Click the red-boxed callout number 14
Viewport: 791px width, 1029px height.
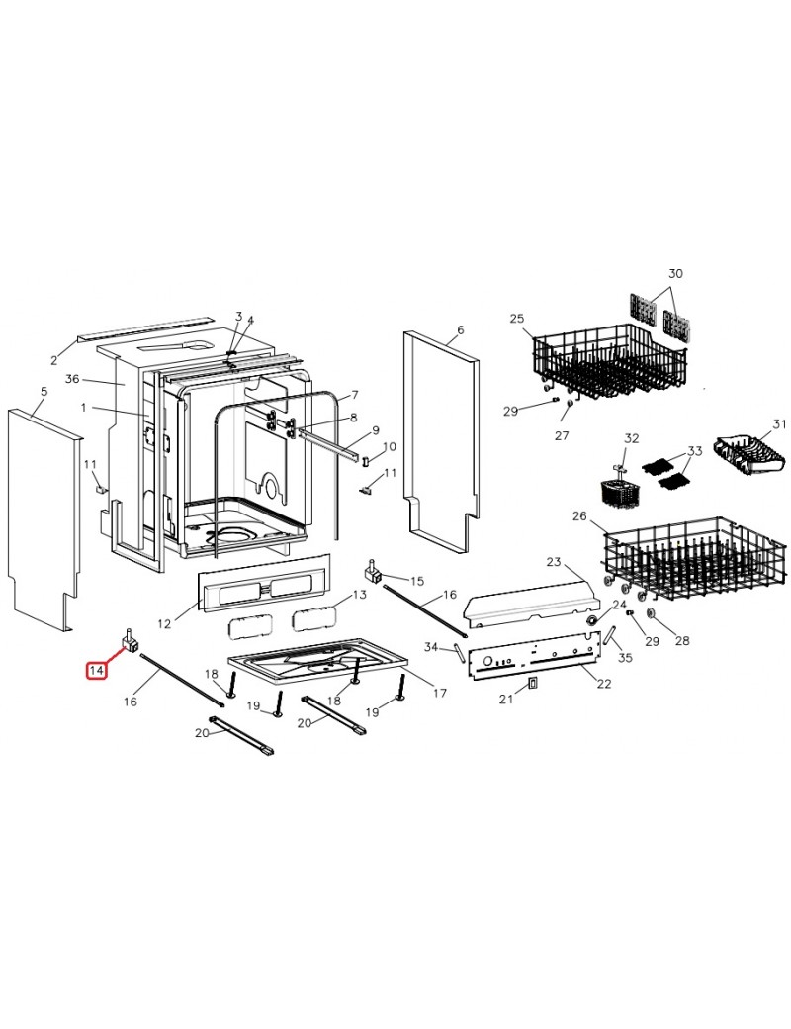pos(97,671)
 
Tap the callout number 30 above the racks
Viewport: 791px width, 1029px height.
pos(675,273)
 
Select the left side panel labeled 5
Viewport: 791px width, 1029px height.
pos(44,519)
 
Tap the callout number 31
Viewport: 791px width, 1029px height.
pos(779,424)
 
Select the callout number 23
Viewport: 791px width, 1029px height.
pos(554,562)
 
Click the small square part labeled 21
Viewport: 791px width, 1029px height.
pos(533,684)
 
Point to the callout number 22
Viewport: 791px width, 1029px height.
pos(604,683)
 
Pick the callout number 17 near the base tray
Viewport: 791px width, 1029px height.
pos(440,693)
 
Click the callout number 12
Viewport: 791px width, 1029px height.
pos(164,623)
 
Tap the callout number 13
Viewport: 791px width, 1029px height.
pos(360,595)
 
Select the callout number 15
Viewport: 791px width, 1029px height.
pos(417,581)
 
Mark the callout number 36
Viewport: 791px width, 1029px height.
pos(72,379)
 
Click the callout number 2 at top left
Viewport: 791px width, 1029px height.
pos(54,359)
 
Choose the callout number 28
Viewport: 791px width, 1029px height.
pos(682,640)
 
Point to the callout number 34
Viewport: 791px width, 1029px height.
pos(430,647)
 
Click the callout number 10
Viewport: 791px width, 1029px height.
pos(389,447)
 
